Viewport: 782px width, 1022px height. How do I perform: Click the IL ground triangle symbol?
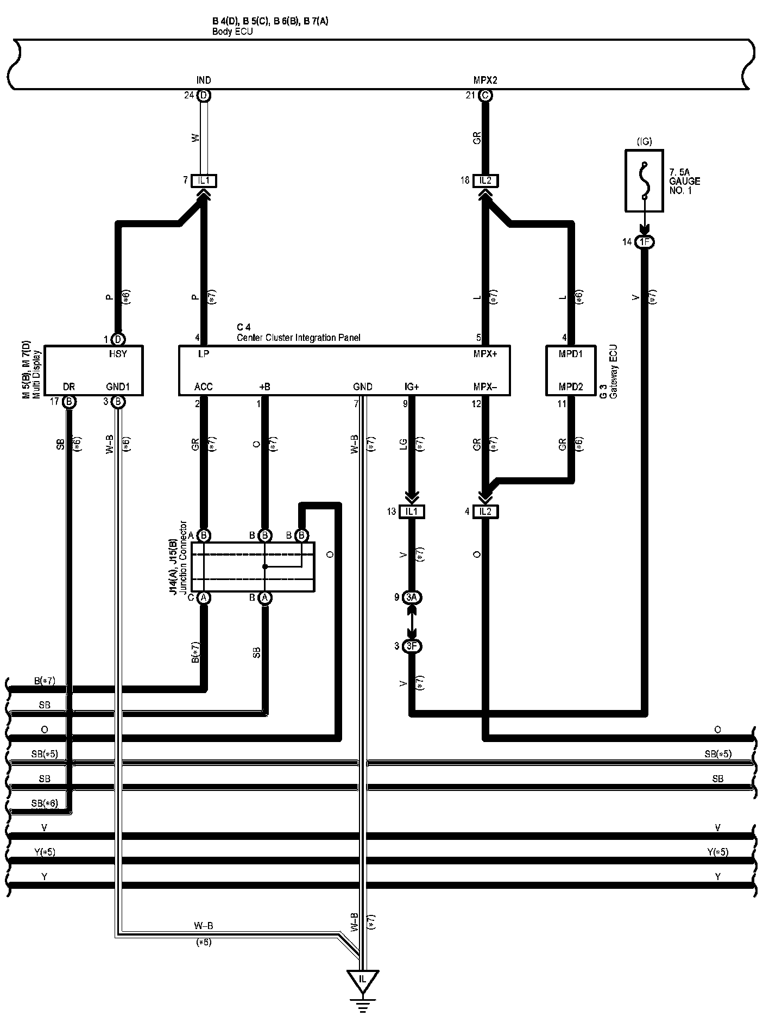point(363,979)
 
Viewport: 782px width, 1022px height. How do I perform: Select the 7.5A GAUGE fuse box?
point(644,181)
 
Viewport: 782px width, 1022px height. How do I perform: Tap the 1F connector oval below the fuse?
point(644,242)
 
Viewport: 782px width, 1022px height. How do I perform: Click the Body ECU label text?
point(232,32)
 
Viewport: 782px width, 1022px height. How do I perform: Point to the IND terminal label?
point(204,80)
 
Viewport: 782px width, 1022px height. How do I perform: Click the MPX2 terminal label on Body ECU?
point(485,80)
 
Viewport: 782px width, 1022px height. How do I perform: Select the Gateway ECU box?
point(571,370)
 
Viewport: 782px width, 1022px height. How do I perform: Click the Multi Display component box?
point(93,370)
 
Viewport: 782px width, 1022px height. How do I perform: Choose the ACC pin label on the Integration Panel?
point(204,387)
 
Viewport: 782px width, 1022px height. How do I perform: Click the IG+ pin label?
point(412,387)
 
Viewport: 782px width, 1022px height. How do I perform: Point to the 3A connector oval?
point(412,597)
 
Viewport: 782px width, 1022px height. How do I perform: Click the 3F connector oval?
point(412,646)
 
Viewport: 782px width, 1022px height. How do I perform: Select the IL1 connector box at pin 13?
point(412,512)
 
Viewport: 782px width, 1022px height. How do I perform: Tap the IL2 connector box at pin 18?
point(485,180)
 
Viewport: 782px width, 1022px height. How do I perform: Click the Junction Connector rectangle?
point(253,566)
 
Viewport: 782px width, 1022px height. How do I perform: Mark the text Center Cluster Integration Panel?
point(298,338)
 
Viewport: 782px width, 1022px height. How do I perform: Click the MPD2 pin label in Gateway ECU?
point(571,387)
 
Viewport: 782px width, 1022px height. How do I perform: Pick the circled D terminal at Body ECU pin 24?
point(204,96)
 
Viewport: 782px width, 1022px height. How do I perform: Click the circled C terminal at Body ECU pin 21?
point(485,96)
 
